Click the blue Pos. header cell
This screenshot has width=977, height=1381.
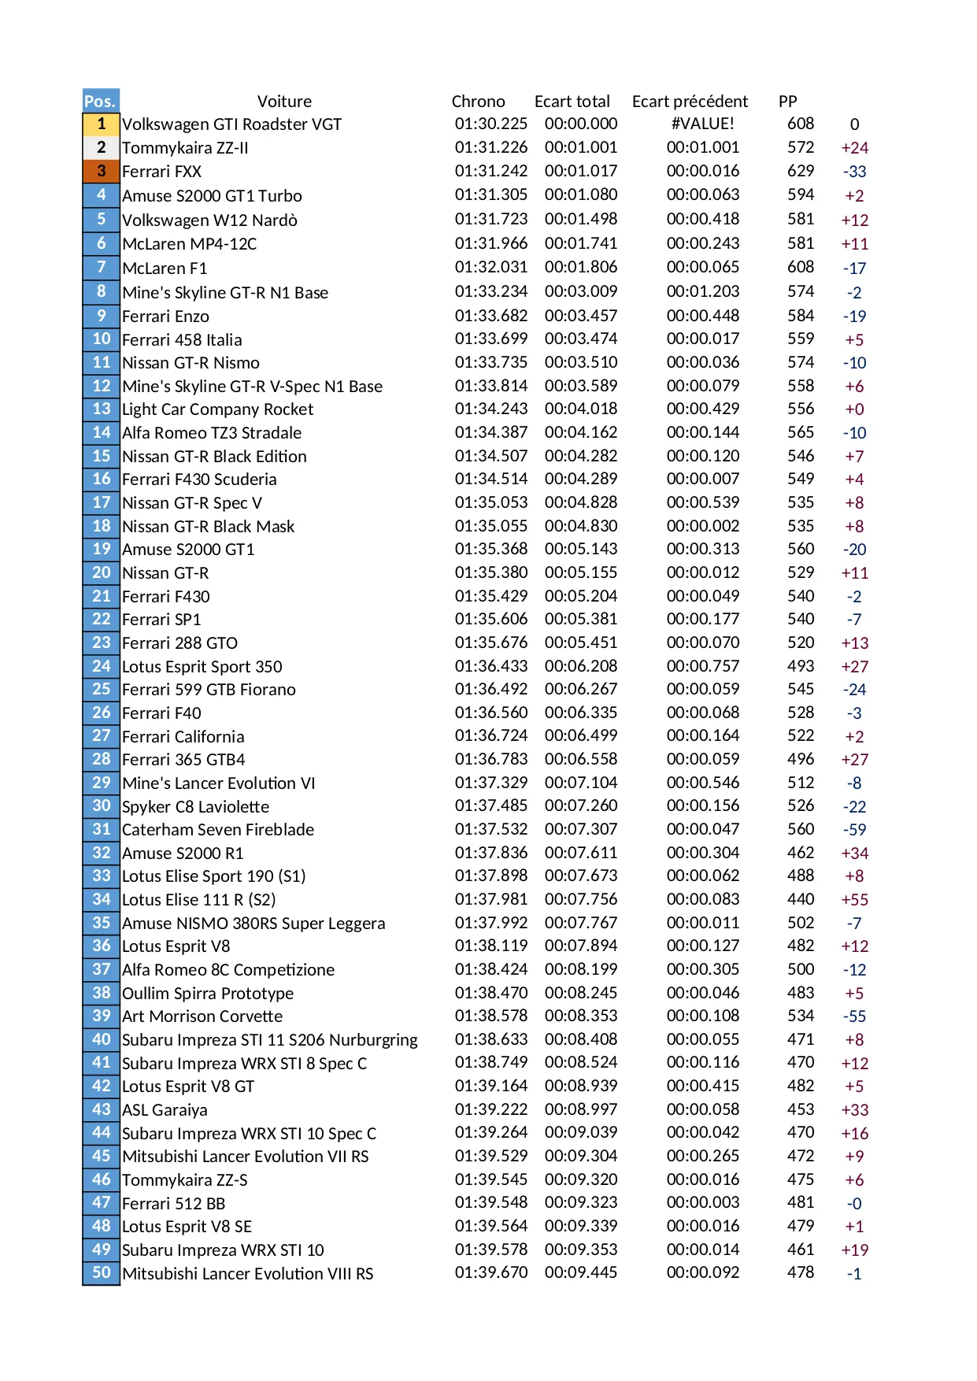click(100, 101)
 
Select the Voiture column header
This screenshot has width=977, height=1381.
click(284, 102)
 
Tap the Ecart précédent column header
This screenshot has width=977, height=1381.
click(690, 102)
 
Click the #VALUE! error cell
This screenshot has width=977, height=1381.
click(702, 124)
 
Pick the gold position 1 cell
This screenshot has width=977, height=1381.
click(101, 124)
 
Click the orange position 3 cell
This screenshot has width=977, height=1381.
click(101, 171)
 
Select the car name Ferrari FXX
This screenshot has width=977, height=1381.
click(161, 172)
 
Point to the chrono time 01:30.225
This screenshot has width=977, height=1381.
click(491, 124)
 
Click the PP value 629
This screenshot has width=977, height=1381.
click(801, 171)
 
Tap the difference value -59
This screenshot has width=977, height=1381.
click(854, 830)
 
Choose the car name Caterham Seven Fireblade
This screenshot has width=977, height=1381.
click(218, 830)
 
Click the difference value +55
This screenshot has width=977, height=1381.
click(854, 900)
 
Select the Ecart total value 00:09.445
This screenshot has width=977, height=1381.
click(581, 1272)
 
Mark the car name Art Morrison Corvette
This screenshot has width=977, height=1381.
click(202, 1016)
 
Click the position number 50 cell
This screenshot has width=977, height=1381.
click(101, 1273)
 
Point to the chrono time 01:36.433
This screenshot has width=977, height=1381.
click(491, 666)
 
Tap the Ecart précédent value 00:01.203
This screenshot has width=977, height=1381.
click(702, 291)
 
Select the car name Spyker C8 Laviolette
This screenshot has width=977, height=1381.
click(195, 807)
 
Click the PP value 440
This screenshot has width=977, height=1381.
click(801, 899)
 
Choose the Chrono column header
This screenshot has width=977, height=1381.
click(478, 102)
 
